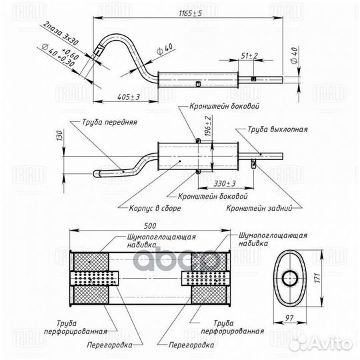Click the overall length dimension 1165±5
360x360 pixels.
190,13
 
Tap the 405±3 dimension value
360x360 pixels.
129,97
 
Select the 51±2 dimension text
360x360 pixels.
249,55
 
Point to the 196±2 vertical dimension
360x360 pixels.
208,126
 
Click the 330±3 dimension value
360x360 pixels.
225,184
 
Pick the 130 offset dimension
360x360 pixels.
59,136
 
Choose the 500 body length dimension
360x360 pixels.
150,226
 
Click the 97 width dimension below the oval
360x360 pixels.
289,318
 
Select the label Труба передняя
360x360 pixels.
109,122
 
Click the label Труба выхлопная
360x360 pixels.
277,129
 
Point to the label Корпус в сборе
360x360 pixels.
155,208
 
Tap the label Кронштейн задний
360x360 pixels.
259,208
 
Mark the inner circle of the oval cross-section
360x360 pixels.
290,279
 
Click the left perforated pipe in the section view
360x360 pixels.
95,279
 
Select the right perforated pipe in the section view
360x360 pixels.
205,279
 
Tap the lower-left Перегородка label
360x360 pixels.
109,345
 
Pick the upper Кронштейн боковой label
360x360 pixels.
224,106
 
